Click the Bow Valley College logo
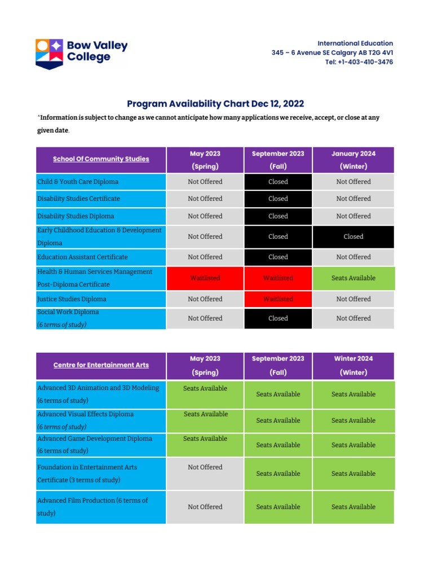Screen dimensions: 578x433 pyautogui.click(x=82, y=53)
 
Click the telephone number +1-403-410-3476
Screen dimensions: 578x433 pyautogui.click(x=359, y=62)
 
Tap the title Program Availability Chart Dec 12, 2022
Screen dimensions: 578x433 pyautogui.click(x=215, y=103)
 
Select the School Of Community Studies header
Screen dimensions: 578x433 pyautogui.click(x=101, y=159)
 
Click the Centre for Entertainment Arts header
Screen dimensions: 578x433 pyautogui.click(x=101, y=365)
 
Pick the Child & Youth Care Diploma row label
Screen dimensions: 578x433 pyautogui.click(x=78, y=182)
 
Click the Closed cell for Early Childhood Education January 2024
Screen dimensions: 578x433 pyautogui.click(x=354, y=237)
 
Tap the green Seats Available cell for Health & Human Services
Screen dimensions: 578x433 pyautogui.click(x=354, y=278)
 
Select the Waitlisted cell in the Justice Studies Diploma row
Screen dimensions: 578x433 pyautogui.click(x=278, y=299)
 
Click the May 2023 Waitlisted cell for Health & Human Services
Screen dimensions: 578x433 pyautogui.click(x=205, y=278)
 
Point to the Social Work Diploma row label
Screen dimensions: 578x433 pyautogui.click(x=68, y=312)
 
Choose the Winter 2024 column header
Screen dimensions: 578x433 pyautogui.click(x=354, y=365)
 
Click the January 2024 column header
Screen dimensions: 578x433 pyautogui.click(x=354, y=160)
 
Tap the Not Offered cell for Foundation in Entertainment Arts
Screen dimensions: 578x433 pyautogui.click(x=205, y=467)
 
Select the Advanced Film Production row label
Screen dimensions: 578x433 pyautogui.click(x=92, y=501)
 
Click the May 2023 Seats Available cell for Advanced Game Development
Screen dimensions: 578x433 pyautogui.click(x=205, y=439)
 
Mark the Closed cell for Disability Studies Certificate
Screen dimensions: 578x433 pyautogui.click(x=278, y=199)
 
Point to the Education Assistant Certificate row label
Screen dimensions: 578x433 pyautogui.click(x=82, y=257)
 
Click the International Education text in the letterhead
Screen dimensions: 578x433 pyautogui.click(x=355, y=43)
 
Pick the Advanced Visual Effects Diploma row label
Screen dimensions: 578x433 pyautogui.click(x=85, y=414)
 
